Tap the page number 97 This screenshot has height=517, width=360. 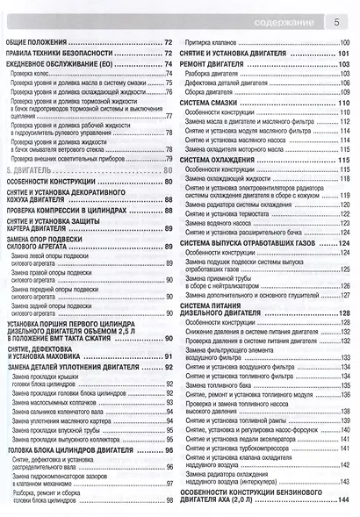click(166, 483)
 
